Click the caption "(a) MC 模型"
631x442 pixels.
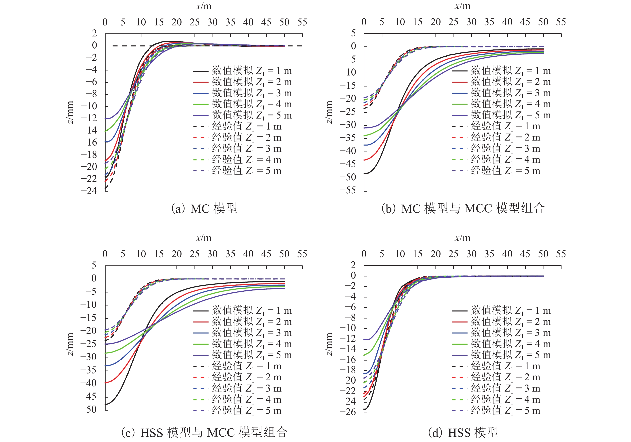pos(204,209)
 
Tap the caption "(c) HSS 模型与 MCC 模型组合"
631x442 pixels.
pos(204,433)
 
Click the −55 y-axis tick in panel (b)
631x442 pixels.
pos(348,190)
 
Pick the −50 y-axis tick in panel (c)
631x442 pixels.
pos(89,409)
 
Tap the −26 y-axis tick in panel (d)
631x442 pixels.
pos(348,412)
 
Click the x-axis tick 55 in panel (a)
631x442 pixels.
pos(302,22)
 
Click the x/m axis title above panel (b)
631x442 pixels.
pos(463,6)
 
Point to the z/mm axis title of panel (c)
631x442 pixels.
pos(71,344)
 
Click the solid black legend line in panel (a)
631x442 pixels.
pos(201,71)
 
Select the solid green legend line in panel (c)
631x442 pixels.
pos(201,344)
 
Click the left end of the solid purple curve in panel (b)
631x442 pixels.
pos(364,128)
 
